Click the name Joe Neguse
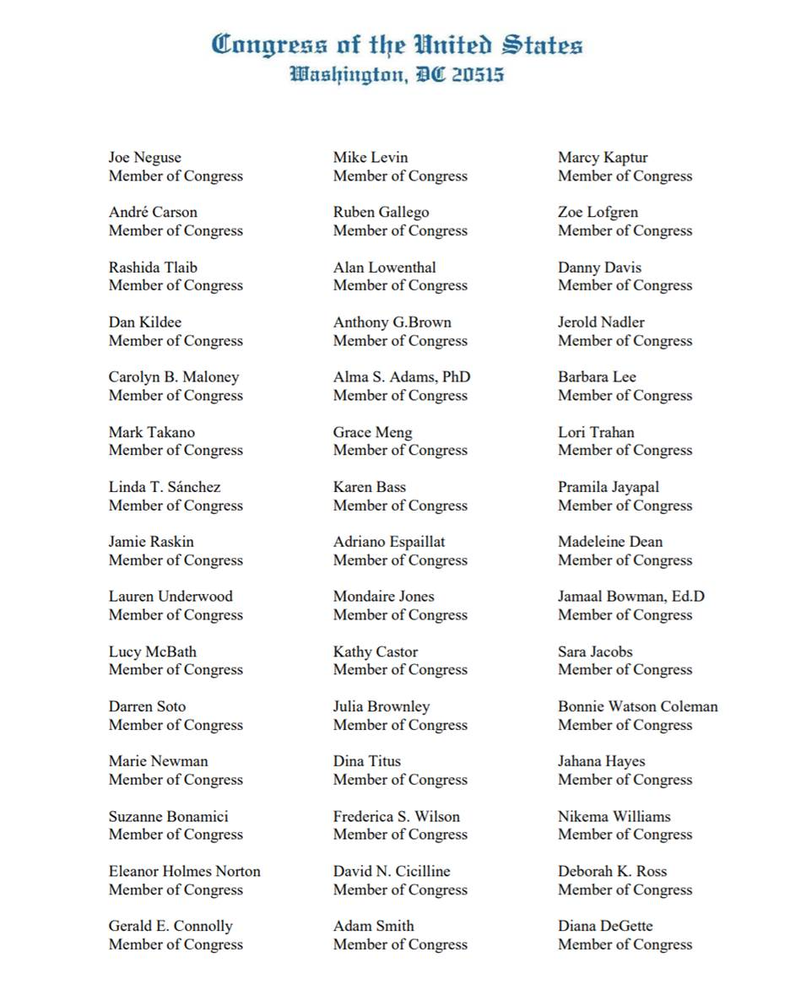coord(144,158)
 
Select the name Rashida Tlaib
coord(153,268)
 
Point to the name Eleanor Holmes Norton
coord(184,871)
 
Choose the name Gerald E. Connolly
coord(170,926)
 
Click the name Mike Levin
coord(371,158)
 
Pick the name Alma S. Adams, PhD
coord(402,377)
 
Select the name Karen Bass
coord(369,487)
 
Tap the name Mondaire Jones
coord(383,597)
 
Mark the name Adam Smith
coord(373,926)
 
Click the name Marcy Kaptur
coord(603,158)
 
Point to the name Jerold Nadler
coord(601,322)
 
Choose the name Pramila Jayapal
coord(609,487)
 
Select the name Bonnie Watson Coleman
coord(638,706)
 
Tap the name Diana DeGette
coord(605,926)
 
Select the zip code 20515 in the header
coord(477,74)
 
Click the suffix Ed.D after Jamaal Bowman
coord(688,597)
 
